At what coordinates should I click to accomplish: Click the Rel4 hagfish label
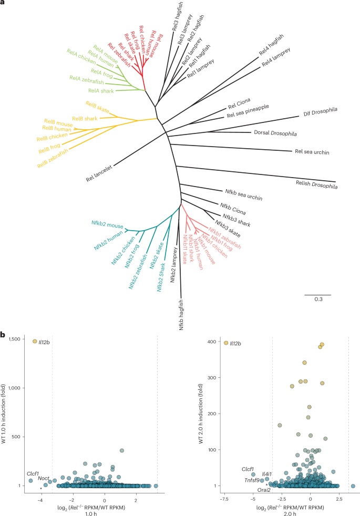(x=271, y=48)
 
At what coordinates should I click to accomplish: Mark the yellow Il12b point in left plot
(x=35, y=341)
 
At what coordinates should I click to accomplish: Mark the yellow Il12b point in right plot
(x=226, y=343)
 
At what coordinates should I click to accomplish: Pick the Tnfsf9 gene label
(x=251, y=480)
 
